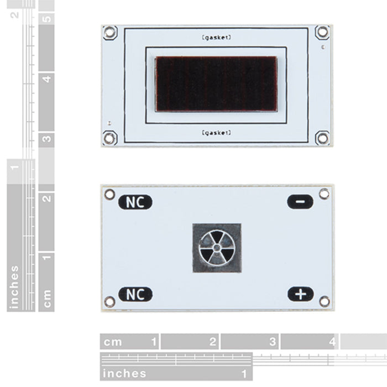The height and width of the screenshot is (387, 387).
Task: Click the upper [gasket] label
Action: (x=217, y=38)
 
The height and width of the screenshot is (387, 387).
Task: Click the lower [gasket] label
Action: (x=217, y=133)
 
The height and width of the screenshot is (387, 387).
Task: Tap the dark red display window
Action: (x=216, y=84)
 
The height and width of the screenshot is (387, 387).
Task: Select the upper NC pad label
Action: (x=135, y=202)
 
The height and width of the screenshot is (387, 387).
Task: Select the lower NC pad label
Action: (x=135, y=294)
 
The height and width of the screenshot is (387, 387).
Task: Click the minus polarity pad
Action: (x=300, y=202)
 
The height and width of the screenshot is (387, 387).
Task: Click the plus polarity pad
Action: (x=300, y=294)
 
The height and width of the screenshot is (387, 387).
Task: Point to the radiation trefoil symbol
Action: (x=217, y=248)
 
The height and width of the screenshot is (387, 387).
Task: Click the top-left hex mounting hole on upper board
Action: (x=110, y=32)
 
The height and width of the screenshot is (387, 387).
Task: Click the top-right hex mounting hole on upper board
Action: (x=322, y=32)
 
